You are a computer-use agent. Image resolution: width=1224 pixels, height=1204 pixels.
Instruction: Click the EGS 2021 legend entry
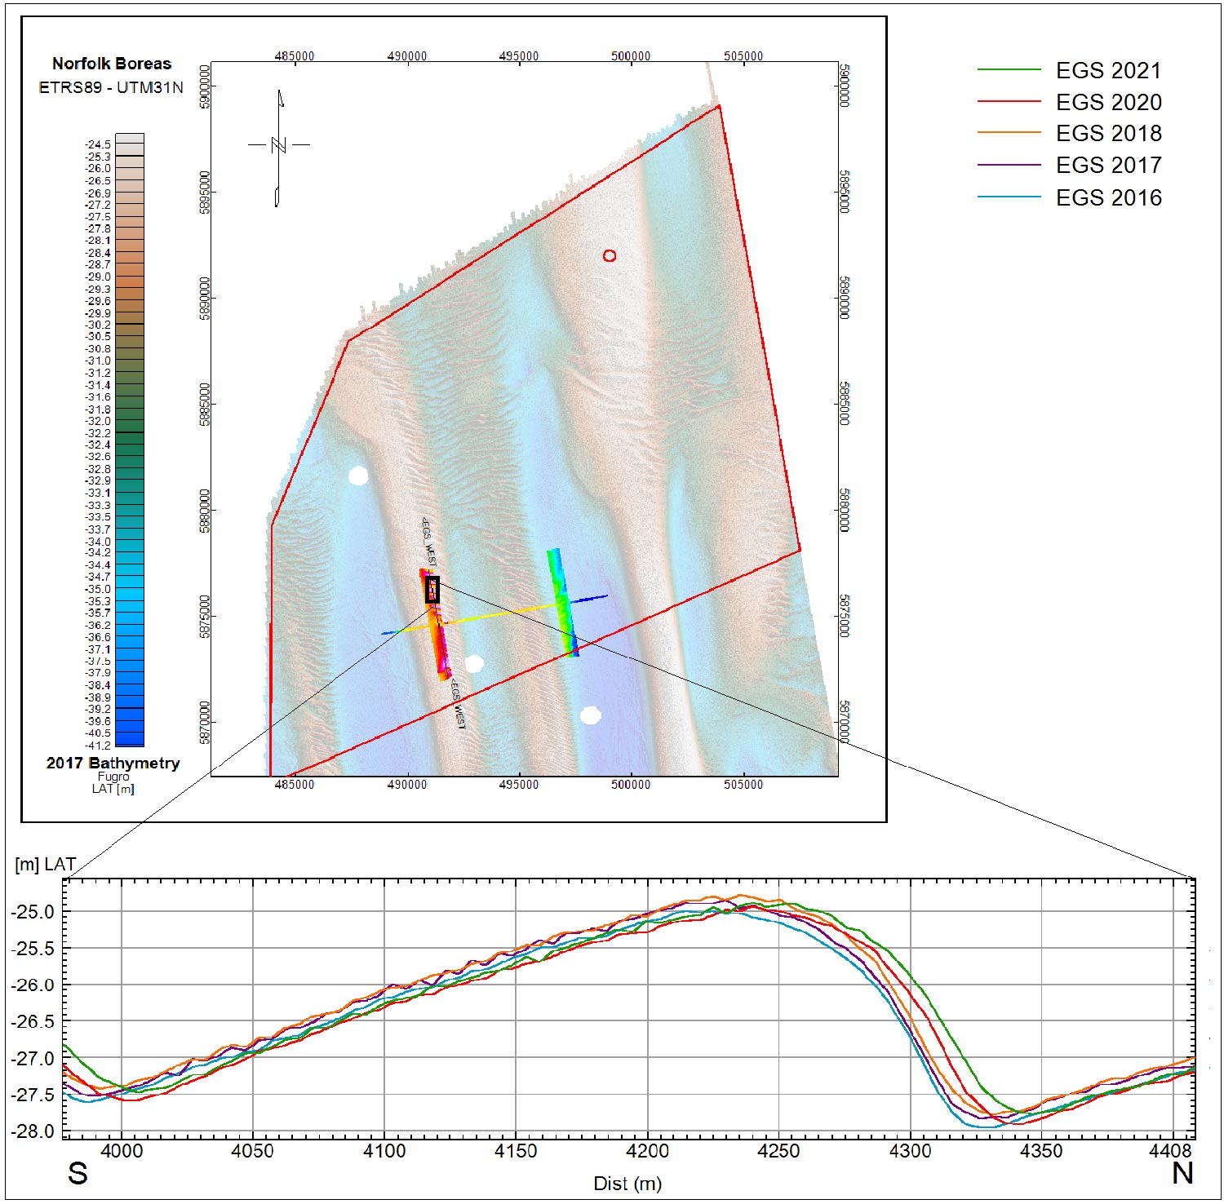1108,71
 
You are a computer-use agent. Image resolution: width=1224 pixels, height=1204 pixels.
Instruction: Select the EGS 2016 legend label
1108,198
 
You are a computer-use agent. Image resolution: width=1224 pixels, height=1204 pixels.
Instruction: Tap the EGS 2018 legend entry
1108,134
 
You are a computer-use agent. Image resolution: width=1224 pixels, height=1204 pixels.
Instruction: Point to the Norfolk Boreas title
112,64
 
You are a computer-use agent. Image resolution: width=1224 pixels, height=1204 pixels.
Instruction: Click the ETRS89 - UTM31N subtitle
111,87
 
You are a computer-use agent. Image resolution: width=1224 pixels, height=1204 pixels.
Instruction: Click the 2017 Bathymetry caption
113,764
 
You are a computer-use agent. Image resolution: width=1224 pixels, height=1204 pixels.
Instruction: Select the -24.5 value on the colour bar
98,144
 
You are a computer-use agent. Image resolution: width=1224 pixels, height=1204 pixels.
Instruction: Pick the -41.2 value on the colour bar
98,746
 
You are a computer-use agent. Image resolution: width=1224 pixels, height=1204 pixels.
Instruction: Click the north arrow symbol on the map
278,147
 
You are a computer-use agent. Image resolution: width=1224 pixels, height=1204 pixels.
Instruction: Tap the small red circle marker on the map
610,256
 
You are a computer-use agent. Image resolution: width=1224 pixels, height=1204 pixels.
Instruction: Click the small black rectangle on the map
432,590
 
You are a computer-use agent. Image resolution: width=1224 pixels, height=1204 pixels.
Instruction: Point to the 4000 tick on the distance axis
121,1151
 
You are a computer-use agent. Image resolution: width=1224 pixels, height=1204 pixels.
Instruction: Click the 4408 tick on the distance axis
1171,1151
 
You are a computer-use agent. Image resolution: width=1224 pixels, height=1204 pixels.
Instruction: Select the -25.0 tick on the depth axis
33,912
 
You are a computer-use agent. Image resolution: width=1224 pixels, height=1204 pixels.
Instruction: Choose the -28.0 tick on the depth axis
33,1131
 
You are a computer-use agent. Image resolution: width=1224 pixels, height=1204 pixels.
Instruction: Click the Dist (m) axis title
627,1184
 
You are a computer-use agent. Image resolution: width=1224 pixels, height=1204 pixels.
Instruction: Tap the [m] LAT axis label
46,865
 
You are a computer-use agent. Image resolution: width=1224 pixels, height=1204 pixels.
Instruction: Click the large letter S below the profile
78,1174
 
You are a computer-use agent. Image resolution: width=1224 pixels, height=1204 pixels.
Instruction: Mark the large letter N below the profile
1182,1174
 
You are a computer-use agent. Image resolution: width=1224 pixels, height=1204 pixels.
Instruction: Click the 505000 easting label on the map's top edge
743,56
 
